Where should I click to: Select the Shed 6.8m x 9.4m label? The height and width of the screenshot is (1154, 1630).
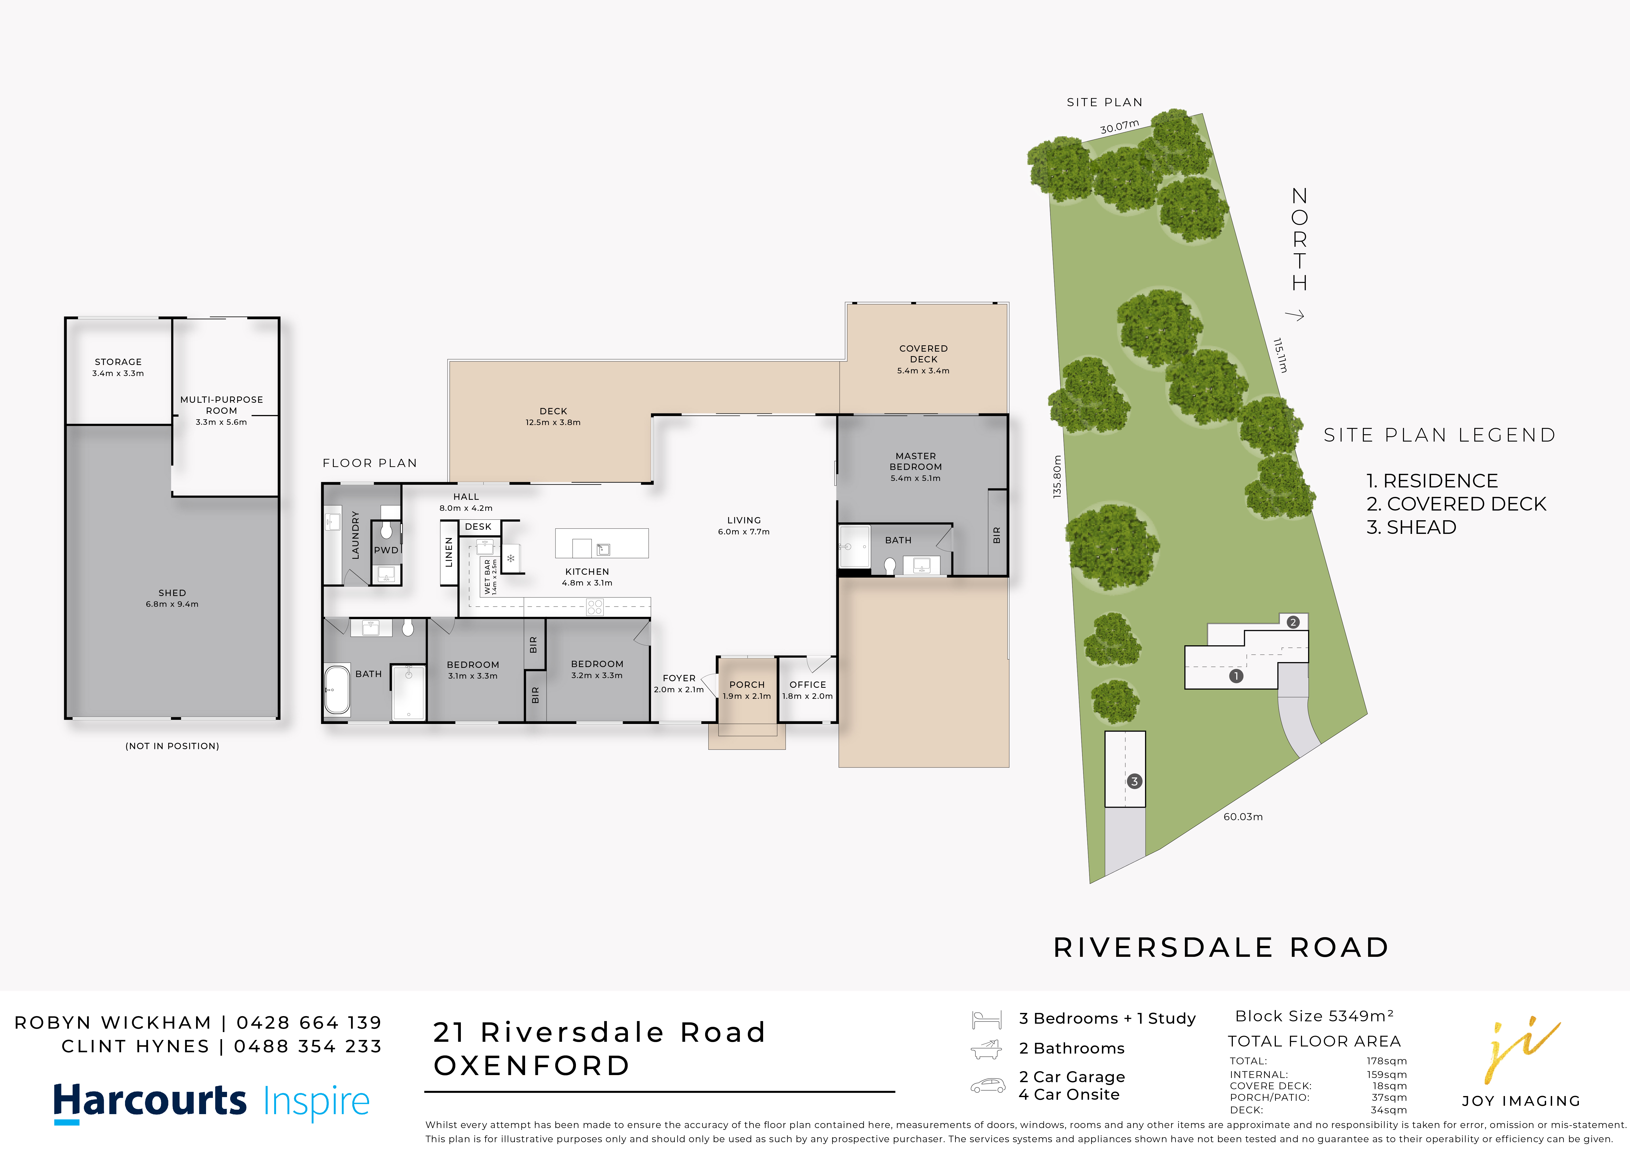click(172, 598)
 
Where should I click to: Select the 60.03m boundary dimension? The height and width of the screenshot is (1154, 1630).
click(1243, 817)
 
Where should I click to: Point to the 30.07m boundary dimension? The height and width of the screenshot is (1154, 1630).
click(1119, 126)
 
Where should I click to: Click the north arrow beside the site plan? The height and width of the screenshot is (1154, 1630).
click(1295, 315)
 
